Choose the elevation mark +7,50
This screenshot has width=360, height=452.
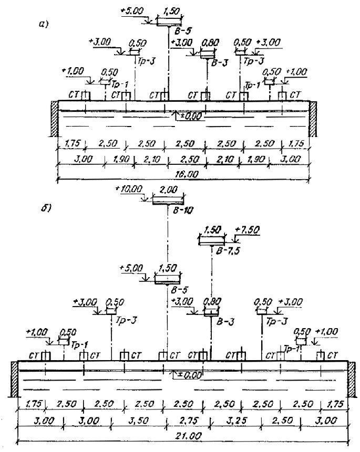[x=248, y=230]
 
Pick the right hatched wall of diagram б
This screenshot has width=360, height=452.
[x=351, y=379]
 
